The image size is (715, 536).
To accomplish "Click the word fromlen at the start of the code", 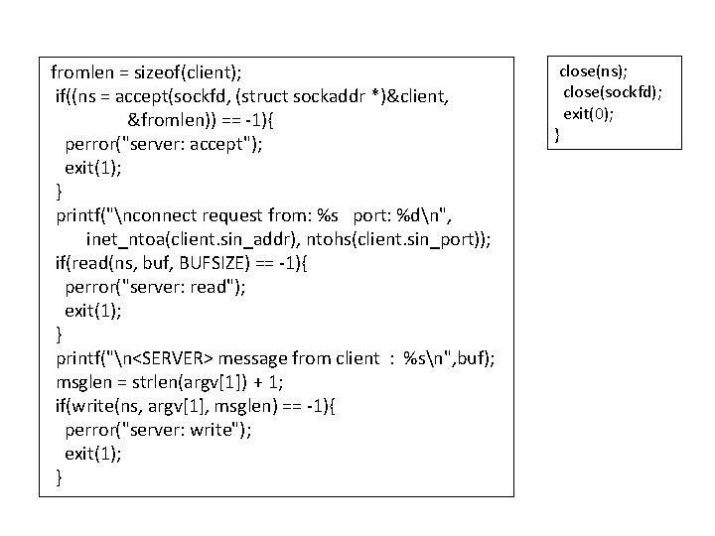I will (80, 72).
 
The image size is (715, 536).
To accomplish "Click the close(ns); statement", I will (585, 71).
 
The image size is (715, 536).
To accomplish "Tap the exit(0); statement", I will (589, 113).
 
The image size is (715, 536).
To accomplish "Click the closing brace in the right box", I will (557, 134).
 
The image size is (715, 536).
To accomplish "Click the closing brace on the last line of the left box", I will (60, 477).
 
